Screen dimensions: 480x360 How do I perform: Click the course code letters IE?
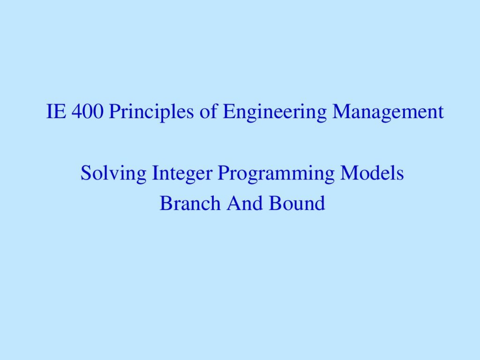tap(56, 111)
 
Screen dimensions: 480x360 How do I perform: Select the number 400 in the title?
tap(88, 111)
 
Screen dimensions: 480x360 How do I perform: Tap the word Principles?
tap(151, 112)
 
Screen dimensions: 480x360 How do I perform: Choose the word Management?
tap(388, 112)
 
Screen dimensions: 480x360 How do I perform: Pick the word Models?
tap(372, 172)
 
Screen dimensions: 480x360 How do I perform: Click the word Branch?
tap(190, 203)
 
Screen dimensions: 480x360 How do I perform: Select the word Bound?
tap(297, 203)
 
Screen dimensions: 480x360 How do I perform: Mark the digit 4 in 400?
tap(77, 111)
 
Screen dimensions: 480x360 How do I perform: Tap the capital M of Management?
tap(341, 111)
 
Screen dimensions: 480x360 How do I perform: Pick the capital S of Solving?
tap(85, 172)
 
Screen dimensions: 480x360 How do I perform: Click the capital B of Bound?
tap(274, 203)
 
